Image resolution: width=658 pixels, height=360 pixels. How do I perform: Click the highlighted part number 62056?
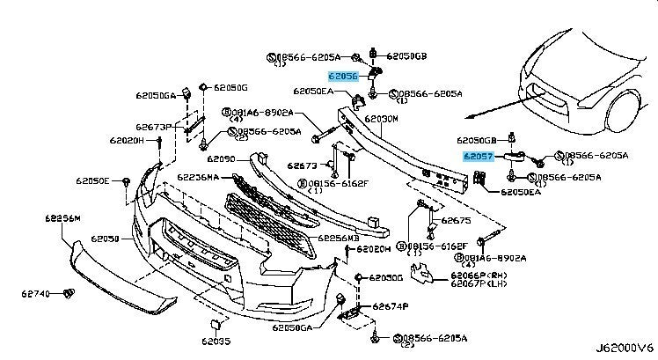coord(344,77)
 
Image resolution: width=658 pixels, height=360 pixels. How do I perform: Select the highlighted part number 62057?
coord(479,155)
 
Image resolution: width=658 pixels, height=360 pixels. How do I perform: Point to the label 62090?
coord(221,159)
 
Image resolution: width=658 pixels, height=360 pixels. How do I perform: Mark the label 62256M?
coord(62,217)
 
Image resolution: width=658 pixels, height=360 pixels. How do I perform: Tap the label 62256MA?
coord(199,177)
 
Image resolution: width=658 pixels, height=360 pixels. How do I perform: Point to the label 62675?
coord(456,221)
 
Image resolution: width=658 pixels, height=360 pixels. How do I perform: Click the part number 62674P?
coord(390,306)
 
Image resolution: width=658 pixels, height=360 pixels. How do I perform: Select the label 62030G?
coord(385,278)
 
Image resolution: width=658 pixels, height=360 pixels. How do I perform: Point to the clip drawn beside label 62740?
coord(69,292)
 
